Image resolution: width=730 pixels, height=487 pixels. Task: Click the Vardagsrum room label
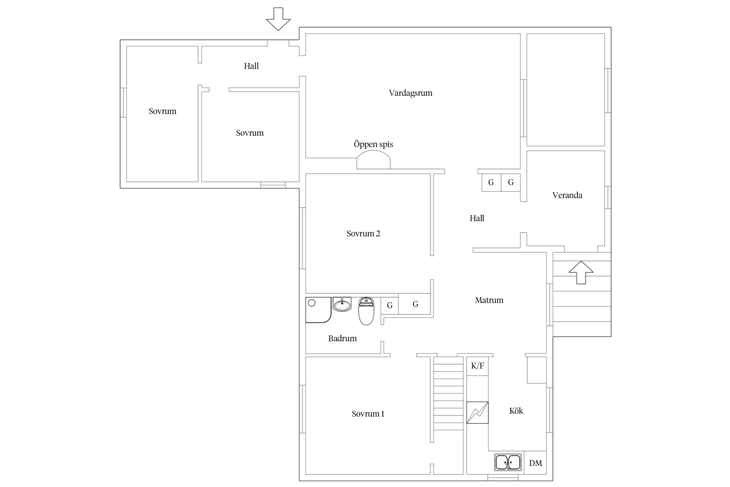pos(410,93)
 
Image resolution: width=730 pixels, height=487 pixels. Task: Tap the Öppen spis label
pos(373,144)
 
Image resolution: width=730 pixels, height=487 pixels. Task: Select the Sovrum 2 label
pos(363,233)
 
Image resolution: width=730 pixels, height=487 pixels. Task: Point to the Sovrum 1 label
pos(368,414)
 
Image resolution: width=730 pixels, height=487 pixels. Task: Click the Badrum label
pos(342,338)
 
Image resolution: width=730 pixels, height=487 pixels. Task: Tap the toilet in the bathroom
pos(366,311)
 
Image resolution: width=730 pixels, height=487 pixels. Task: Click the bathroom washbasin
pos(342,304)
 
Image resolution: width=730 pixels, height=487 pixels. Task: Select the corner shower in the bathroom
pos(318,310)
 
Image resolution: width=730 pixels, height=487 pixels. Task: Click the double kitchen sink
pos(508,462)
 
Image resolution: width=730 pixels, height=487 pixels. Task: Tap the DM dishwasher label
pos(535,463)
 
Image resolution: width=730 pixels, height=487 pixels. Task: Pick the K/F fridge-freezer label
pos(477,366)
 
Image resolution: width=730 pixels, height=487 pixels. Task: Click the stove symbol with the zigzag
pos(477,412)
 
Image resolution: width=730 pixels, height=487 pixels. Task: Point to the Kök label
pos(516,411)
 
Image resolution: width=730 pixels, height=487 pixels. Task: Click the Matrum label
pos(489,300)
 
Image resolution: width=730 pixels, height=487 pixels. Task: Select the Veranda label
pos(567,195)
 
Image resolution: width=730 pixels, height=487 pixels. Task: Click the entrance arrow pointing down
pos(278,19)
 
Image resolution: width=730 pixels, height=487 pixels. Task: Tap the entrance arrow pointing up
pos(581,272)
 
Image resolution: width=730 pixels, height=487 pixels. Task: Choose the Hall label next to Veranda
pos(477,218)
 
